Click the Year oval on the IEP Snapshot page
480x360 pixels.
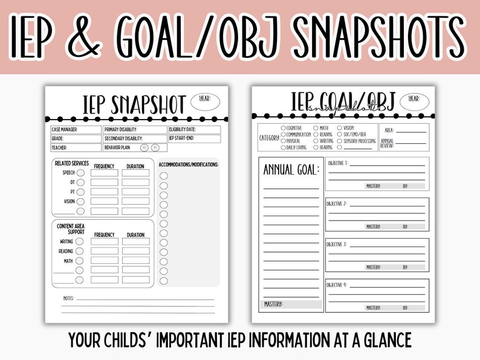205,102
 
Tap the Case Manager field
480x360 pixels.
76,129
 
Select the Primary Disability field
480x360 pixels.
134,129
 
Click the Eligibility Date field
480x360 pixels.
194,129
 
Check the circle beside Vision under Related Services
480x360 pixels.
80,202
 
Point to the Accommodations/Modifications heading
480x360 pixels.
188,164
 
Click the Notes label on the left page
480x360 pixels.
69,298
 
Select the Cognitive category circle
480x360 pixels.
284,128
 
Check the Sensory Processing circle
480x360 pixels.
339,141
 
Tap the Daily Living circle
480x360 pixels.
284,147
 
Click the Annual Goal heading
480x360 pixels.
291,170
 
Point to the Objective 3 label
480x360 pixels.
337,245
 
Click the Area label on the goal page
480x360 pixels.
389,130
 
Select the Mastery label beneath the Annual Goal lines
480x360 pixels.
274,304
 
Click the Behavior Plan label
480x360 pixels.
118,147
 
